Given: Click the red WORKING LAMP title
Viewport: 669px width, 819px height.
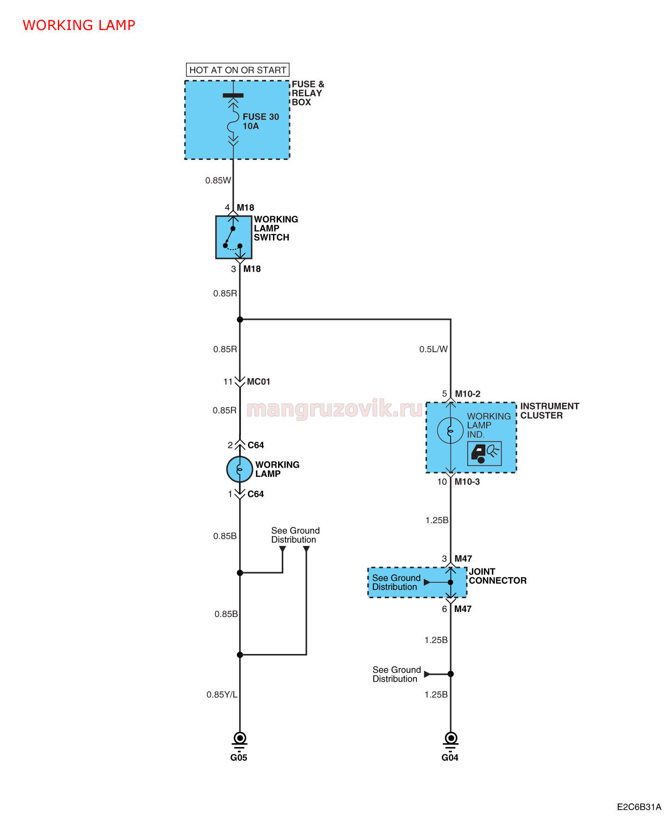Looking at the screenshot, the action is click(x=79, y=25).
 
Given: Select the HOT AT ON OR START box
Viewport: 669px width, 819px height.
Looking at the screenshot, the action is click(x=237, y=70).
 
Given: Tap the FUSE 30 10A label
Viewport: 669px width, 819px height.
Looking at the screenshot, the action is click(x=261, y=121).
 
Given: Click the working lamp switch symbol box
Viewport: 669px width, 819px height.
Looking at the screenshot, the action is click(x=234, y=237).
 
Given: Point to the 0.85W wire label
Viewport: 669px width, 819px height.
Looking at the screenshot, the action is click(x=218, y=180).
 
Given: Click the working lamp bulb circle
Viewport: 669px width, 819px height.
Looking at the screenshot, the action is click(x=240, y=469).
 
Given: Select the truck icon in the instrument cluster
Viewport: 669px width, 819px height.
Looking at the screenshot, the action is click(x=484, y=453).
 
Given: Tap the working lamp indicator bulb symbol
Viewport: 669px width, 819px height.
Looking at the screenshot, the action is click(x=450, y=430).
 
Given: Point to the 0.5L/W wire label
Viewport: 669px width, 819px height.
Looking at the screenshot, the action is click(x=434, y=349).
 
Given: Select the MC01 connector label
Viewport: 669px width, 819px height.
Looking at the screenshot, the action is click(x=259, y=381).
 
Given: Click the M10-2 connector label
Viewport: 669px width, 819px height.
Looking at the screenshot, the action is click(x=468, y=394).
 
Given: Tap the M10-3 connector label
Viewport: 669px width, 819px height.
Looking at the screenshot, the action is click(x=467, y=482).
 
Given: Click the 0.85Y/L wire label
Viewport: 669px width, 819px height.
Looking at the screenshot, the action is click(x=222, y=694).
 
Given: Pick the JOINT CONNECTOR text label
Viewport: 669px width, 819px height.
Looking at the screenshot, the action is click(x=498, y=576).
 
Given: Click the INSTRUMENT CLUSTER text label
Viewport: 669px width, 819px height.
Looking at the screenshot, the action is click(x=550, y=410).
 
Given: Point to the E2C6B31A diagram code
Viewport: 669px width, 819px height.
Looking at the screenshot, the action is click(x=639, y=807).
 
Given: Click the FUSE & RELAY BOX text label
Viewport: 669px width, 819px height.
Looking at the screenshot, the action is click(x=308, y=93).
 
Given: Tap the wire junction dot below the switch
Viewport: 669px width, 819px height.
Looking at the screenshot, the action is click(x=240, y=319).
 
